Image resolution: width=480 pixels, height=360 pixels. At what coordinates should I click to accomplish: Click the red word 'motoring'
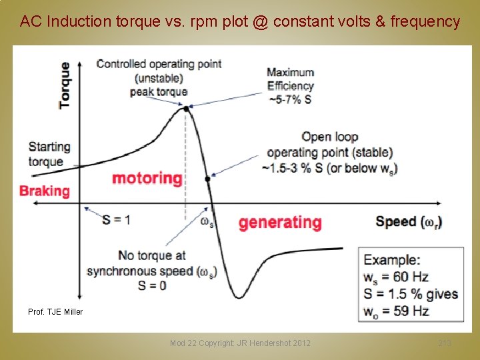coord(147,178)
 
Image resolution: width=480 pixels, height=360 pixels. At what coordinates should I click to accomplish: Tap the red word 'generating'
coord(280,222)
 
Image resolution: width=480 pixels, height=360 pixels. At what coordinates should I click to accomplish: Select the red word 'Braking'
coord(45,191)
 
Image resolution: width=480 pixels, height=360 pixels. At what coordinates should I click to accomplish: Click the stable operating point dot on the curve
coord(208,179)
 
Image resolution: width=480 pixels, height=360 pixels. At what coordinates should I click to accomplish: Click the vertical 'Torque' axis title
coord(65,85)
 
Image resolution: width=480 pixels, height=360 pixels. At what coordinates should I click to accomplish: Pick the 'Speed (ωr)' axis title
coord(409,222)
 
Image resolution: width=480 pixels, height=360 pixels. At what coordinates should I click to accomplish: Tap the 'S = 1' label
coord(117,219)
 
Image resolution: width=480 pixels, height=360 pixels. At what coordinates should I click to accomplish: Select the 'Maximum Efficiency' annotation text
coord(291,79)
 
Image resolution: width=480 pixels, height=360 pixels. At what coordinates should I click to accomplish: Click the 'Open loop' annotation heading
coord(329,137)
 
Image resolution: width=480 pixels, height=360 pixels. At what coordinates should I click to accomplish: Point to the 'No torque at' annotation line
coord(151,255)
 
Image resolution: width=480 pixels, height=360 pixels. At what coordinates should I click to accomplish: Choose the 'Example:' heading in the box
coord(392,260)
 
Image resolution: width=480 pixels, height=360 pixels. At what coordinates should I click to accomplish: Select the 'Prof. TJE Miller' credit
coord(55,311)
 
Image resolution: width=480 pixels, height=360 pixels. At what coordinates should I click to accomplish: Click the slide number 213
coord(445,343)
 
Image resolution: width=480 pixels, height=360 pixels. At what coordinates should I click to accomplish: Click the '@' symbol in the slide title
coord(261,22)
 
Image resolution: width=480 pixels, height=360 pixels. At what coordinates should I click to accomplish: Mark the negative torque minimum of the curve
coord(238,297)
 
